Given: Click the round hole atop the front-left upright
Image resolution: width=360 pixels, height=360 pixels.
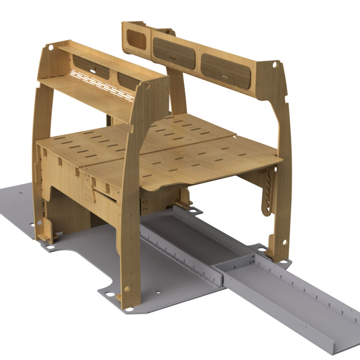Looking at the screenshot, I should [50, 48].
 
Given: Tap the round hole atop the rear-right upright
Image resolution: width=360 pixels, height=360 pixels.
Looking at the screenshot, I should [274, 65].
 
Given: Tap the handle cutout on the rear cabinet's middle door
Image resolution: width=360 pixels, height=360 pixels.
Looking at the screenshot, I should [172, 58].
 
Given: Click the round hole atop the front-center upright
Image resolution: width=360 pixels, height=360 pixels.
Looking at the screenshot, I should [146, 86].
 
